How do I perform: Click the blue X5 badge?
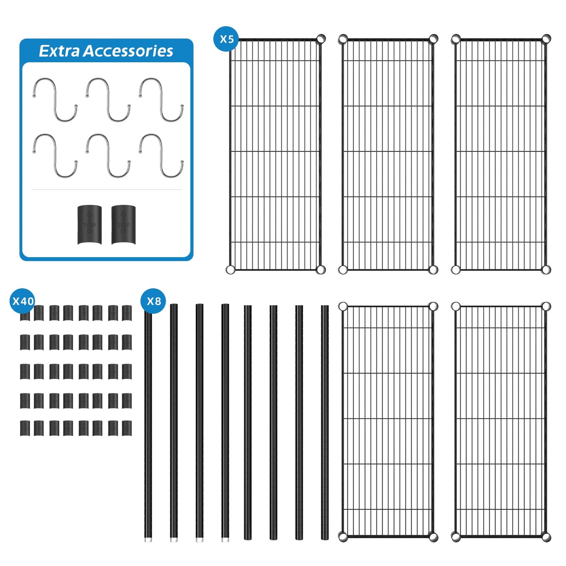click(x=226, y=39)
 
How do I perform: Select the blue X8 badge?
click(x=154, y=301)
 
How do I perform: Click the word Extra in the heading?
click(x=59, y=51)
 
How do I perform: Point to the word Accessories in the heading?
click(x=128, y=51)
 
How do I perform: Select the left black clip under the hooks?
click(x=90, y=225)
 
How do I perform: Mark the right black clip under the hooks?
click(x=123, y=225)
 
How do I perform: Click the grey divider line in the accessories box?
click(x=106, y=190)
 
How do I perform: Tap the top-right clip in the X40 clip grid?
click(x=127, y=313)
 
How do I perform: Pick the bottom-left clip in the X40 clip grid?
click(x=25, y=428)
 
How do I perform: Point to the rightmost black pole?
click(x=325, y=427)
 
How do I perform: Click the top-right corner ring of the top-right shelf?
click(x=546, y=39)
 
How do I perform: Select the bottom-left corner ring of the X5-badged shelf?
click(x=231, y=269)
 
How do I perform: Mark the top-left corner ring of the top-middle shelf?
click(x=343, y=39)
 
